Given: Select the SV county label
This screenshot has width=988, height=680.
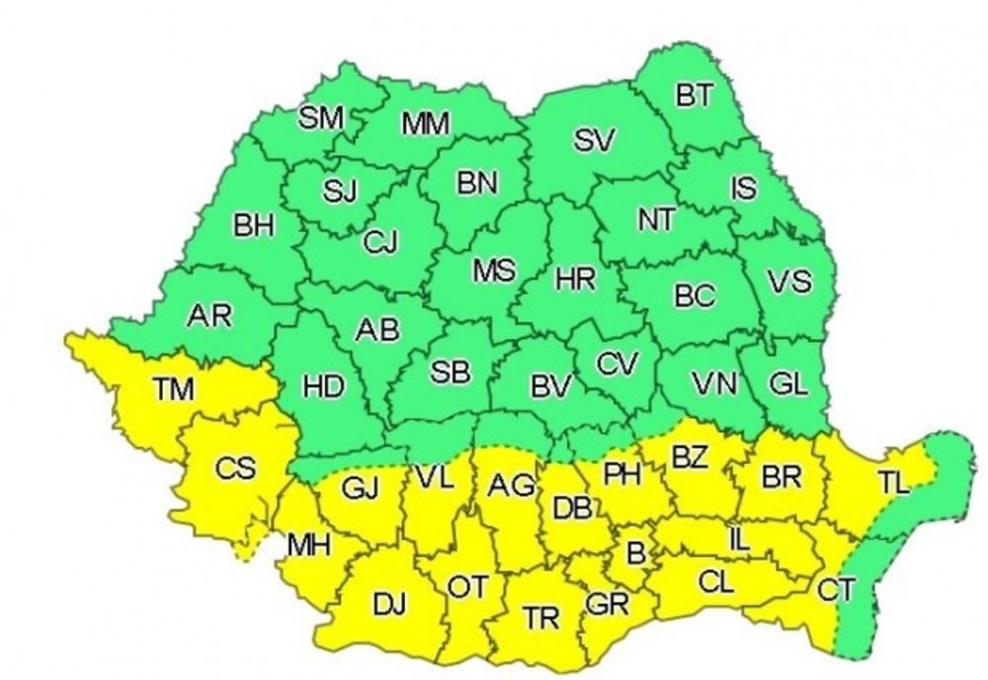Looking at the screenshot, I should coord(595,141).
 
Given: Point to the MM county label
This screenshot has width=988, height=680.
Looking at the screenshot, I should coord(426,124).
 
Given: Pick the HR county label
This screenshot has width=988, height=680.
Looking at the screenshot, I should coord(575,280).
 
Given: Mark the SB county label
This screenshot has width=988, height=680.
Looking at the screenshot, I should coord(451,373).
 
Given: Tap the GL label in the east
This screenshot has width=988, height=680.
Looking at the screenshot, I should coord(787,386).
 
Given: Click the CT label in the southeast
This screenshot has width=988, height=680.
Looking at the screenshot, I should coord(835,590).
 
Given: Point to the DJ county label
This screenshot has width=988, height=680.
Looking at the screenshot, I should coord(387,603).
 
